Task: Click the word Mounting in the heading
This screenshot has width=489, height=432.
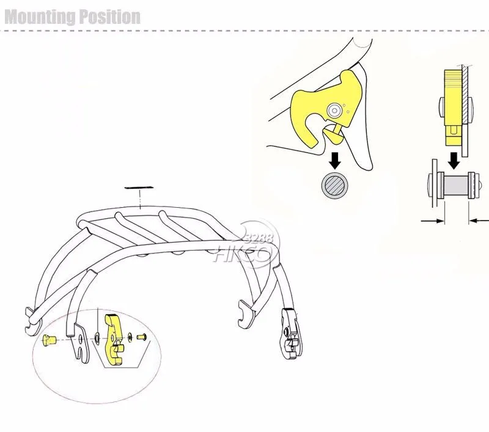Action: pyautogui.click(x=40, y=17)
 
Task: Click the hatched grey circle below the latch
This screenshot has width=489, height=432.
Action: pyautogui.click(x=335, y=185)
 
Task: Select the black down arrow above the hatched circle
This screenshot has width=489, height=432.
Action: pyautogui.click(x=335, y=160)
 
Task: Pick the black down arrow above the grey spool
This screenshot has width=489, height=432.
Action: pyautogui.click(x=454, y=160)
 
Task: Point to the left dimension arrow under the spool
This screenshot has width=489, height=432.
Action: pyautogui.click(x=433, y=221)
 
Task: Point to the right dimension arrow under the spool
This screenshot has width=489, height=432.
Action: pyautogui.click(x=479, y=221)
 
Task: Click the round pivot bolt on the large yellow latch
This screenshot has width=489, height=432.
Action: pyautogui.click(x=334, y=110)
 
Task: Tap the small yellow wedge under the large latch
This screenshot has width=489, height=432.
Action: pyautogui.click(x=333, y=133)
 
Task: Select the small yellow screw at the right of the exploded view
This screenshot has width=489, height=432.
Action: pyautogui.click(x=142, y=337)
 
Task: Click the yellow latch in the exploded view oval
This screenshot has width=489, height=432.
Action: pyautogui.click(x=114, y=340)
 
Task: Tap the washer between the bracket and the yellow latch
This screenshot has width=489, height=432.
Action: pyautogui.click(x=97, y=337)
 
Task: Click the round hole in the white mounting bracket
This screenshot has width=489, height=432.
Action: pyautogui.click(x=81, y=337)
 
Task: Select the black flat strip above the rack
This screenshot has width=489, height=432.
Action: pyautogui.click(x=139, y=188)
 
